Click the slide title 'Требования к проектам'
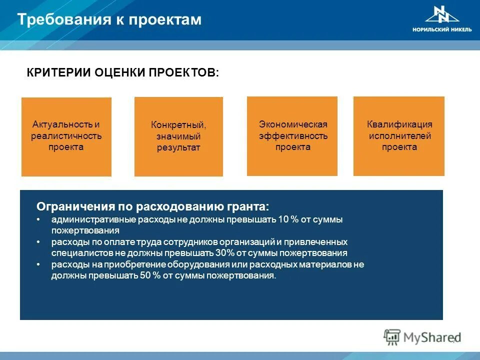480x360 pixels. (x=109, y=19)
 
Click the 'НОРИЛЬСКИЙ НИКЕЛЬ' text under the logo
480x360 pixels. (x=441, y=29)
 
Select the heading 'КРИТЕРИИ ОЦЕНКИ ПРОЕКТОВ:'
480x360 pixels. (x=122, y=72)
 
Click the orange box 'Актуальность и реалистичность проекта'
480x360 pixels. (x=66, y=136)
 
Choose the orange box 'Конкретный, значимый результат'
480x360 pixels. (x=178, y=136)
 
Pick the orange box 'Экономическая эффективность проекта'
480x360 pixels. (x=292, y=135)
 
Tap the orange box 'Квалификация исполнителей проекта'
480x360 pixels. (x=398, y=135)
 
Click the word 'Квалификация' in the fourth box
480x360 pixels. (x=399, y=124)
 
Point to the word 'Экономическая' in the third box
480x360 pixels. (x=292, y=124)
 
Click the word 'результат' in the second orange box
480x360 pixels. (x=178, y=148)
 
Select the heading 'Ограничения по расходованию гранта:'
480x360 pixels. (x=153, y=207)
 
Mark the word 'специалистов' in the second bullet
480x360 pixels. (x=76, y=253)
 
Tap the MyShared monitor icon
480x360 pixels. (x=392, y=337)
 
